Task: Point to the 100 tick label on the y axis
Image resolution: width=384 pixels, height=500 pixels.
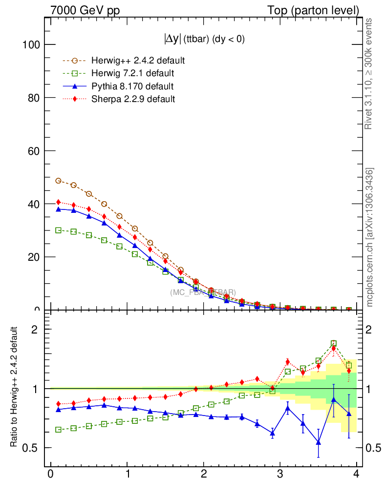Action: (x=31, y=45)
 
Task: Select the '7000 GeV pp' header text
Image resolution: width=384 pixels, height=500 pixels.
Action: (x=85, y=10)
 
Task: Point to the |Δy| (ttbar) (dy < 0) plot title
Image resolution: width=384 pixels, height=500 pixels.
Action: (x=204, y=40)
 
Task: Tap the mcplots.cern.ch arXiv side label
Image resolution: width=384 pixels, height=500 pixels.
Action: (x=370, y=237)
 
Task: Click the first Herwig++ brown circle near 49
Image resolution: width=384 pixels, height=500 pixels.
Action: (x=58, y=181)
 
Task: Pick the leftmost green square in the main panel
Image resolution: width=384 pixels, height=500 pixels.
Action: (x=58, y=230)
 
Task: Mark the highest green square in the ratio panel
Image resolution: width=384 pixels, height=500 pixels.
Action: (x=334, y=344)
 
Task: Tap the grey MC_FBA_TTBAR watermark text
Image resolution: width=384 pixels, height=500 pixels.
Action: (x=203, y=292)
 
